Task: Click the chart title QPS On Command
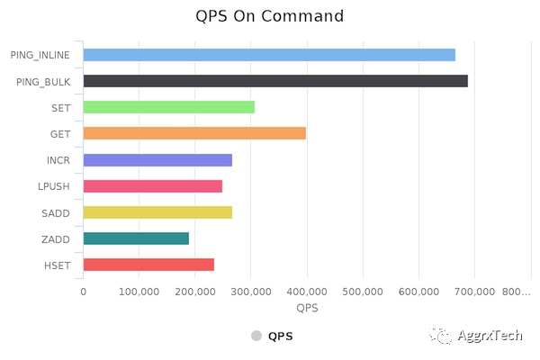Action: point(270,16)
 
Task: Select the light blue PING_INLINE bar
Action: point(269,55)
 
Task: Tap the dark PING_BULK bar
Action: point(275,81)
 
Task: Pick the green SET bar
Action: point(168,107)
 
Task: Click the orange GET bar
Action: point(194,133)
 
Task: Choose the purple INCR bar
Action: point(157,160)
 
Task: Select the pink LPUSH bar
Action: point(152,186)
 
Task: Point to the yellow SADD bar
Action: point(157,212)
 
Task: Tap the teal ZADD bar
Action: point(136,238)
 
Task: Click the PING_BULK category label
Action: point(44,82)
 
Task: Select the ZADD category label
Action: point(57,238)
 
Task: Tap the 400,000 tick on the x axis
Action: point(307,292)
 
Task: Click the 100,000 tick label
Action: point(139,292)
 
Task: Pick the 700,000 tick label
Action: point(475,292)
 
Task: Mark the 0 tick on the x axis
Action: point(83,292)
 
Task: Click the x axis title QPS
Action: point(307,309)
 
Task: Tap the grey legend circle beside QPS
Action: point(256,336)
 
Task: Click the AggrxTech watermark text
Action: point(490,336)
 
